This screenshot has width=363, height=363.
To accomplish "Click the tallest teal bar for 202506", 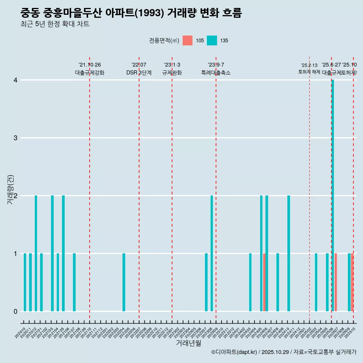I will click(x=333, y=195).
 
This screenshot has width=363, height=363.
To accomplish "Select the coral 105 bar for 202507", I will click(x=336, y=282).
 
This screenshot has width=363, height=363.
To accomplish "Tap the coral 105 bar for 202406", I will click(x=264, y=282).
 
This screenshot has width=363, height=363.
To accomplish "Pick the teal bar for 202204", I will click(x=124, y=282).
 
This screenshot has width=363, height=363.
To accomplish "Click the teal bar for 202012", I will click(x=36, y=253).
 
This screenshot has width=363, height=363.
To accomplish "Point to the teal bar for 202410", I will click(x=289, y=253).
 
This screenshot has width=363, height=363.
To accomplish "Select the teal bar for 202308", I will click(x=212, y=253).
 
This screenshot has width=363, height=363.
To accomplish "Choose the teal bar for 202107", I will click(x=74, y=282).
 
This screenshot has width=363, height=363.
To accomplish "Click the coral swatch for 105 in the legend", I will click(x=188, y=40).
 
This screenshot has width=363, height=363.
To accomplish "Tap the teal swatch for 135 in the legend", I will click(x=212, y=40).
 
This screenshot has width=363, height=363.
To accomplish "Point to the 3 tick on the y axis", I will click(x=16, y=138).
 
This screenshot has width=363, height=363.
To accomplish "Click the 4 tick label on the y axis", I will click(x=16, y=80).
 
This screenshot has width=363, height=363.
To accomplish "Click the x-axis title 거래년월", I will click(x=188, y=343).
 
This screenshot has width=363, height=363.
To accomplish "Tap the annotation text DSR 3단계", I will click(x=139, y=73).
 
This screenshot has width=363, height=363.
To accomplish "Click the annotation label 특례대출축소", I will click(x=216, y=73).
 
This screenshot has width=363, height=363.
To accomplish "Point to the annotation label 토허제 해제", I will click(x=309, y=72).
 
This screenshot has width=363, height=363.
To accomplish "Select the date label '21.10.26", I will click(x=90, y=65).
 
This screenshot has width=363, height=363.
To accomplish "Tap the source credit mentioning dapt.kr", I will click(x=284, y=352).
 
